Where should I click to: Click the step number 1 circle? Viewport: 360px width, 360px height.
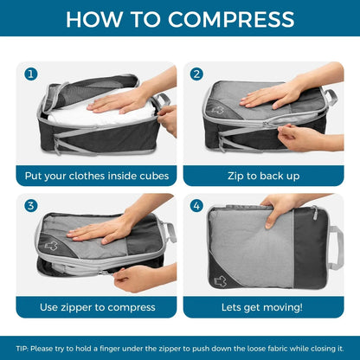[30, 74]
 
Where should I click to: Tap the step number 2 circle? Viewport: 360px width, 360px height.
[196, 74]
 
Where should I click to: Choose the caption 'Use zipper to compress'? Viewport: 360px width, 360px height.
[97, 307]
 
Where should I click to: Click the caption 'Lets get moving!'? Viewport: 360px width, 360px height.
[263, 307]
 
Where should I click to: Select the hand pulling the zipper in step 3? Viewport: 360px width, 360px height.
[138, 277]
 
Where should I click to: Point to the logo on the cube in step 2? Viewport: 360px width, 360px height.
[217, 111]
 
